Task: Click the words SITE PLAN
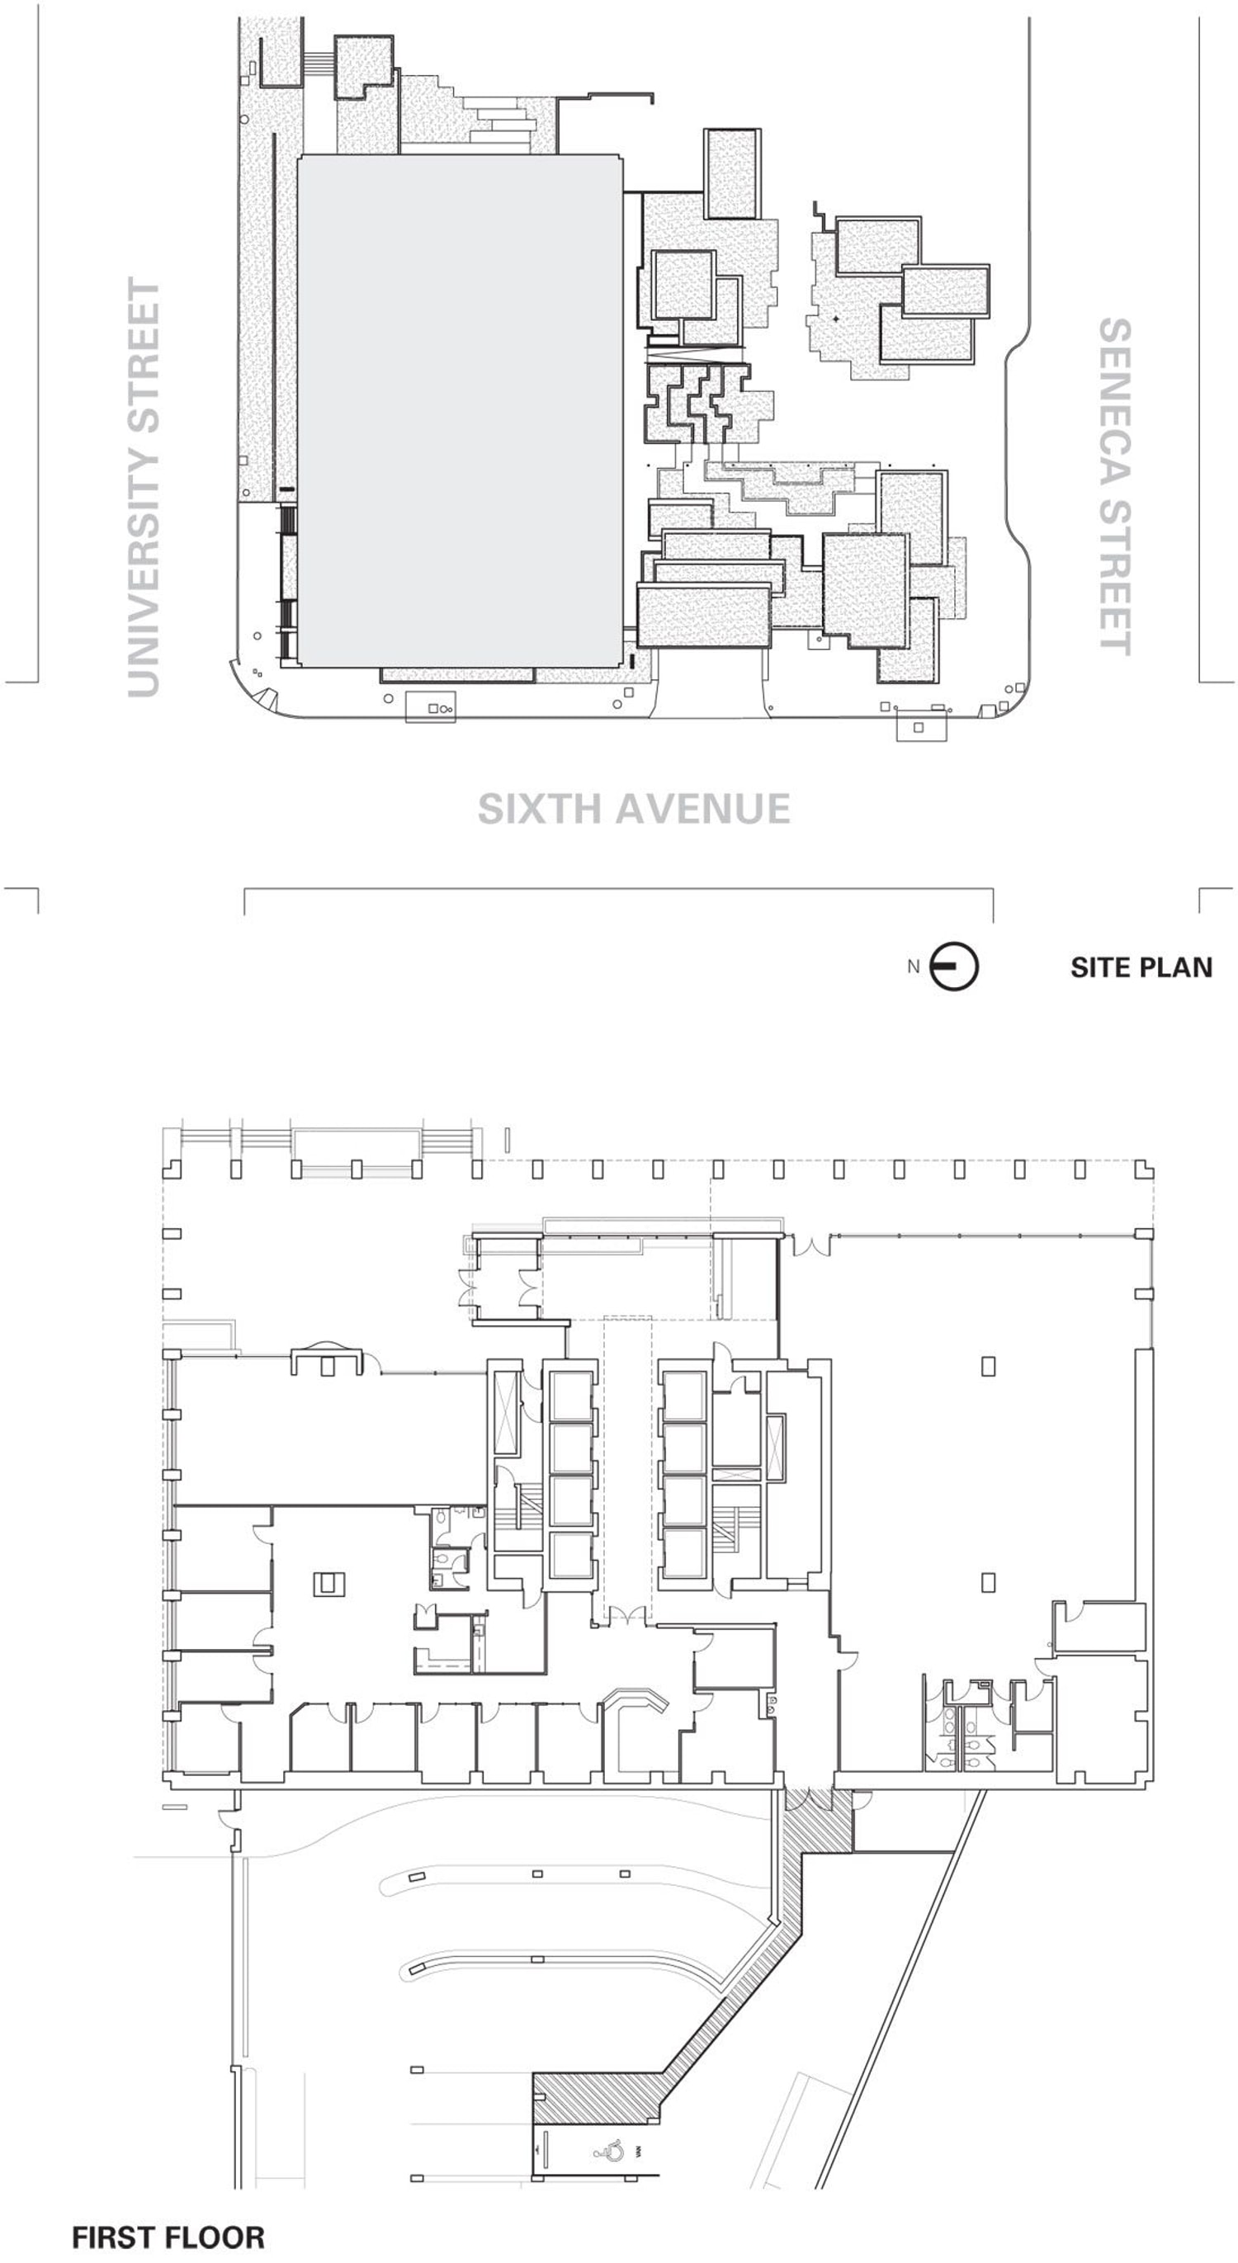click(x=1141, y=967)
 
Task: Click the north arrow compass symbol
click(x=954, y=966)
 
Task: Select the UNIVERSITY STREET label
click(x=145, y=488)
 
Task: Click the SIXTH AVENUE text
click(x=633, y=809)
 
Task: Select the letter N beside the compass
click(x=913, y=966)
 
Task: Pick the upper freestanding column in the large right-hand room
click(x=989, y=1367)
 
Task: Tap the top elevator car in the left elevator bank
click(x=569, y=1394)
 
